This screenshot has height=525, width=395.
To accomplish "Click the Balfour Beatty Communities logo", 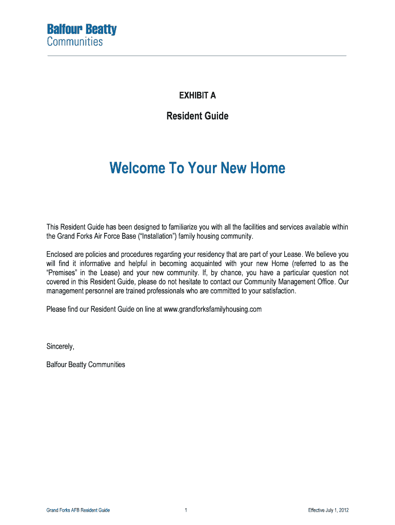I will click(82, 35).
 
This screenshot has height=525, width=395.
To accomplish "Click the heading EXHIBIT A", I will click(197, 95).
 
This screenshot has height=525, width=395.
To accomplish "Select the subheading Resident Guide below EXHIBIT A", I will click(197, 116).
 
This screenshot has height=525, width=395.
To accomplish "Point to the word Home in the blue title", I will click(267, 168).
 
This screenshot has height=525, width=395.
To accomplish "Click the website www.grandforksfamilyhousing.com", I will click(212, 309).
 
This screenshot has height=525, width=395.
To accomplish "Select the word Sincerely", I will click(61, 346).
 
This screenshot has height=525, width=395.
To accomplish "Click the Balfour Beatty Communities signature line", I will click(86, 365).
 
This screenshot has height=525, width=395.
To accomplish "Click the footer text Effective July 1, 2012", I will click(328, 510).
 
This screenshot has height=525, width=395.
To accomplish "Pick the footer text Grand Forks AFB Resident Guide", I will click(78, 510).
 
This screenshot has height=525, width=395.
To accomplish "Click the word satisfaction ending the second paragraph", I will click(279, 291).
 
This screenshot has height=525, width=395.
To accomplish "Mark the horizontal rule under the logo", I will click(197, 55).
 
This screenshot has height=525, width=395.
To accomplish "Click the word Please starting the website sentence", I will click(56, 309).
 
